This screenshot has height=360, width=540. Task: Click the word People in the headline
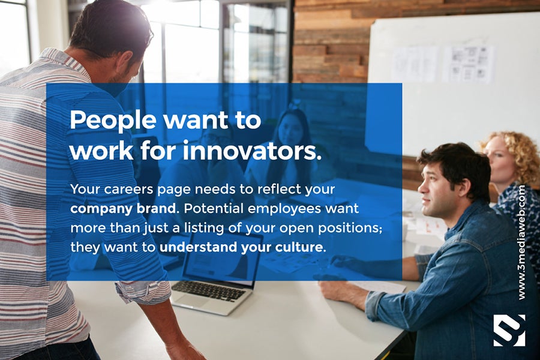pos(113,121)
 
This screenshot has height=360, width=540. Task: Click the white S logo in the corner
pos(509,330)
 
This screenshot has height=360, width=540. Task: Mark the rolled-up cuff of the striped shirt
pos(143,292)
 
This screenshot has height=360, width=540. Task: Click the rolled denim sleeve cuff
pos(374,305)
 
